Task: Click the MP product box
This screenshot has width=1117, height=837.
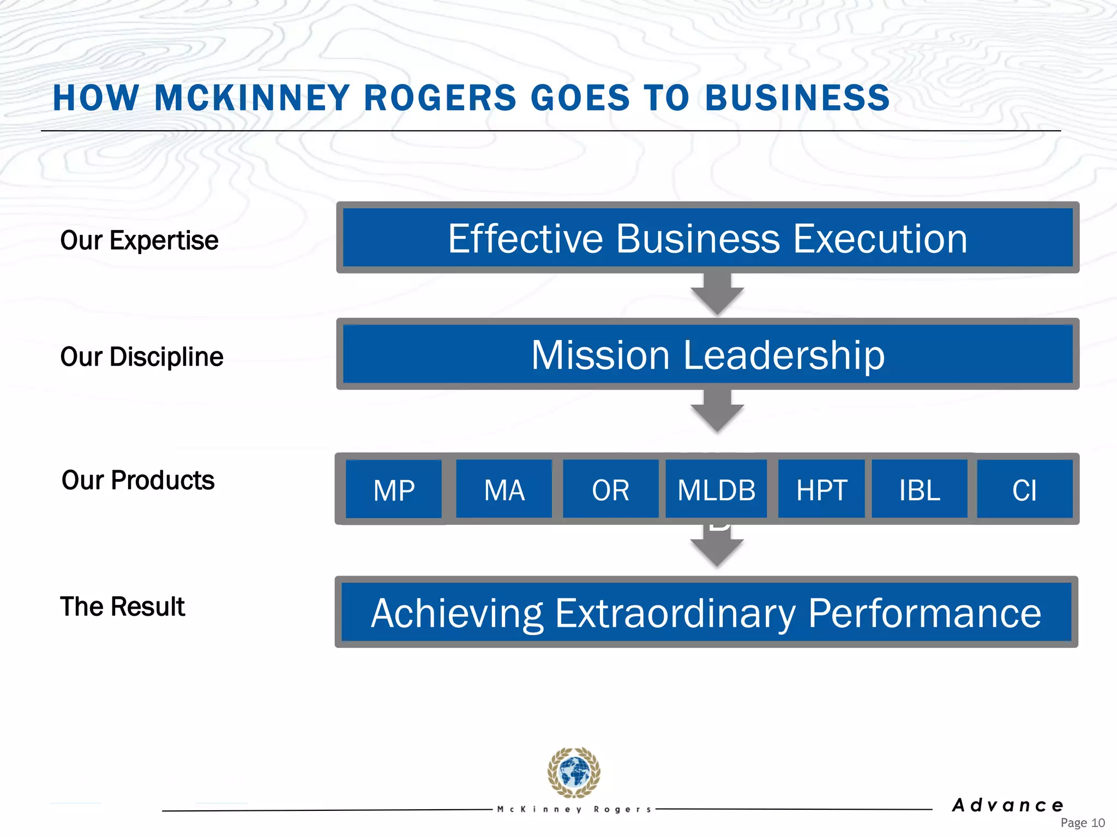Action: point(394,489)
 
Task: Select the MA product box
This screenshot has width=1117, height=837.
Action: point(504,489)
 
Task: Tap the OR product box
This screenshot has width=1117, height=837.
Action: point(610,489)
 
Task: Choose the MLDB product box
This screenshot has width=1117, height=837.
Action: point(716,489)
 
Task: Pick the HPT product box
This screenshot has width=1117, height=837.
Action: point(821,489)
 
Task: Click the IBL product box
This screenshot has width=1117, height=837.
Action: point(920,489)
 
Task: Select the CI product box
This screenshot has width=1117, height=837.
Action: point(1024,489)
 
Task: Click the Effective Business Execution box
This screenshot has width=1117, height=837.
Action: point(707,238)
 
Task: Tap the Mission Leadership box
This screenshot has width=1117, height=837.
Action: point(707,354)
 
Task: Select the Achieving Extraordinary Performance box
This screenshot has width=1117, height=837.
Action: point(706,612)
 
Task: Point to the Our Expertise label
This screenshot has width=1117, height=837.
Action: point(139,240)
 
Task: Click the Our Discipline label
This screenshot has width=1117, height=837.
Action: point(142,357)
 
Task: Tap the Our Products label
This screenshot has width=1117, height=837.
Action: point(138,480)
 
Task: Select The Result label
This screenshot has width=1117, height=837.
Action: point(123,606)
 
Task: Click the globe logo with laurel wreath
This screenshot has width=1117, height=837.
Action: point(574,773)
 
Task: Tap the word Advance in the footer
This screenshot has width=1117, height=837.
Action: point(1008,805)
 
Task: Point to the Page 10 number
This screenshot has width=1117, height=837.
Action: point(1082,823)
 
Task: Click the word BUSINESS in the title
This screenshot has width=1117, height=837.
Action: point(797,98)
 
